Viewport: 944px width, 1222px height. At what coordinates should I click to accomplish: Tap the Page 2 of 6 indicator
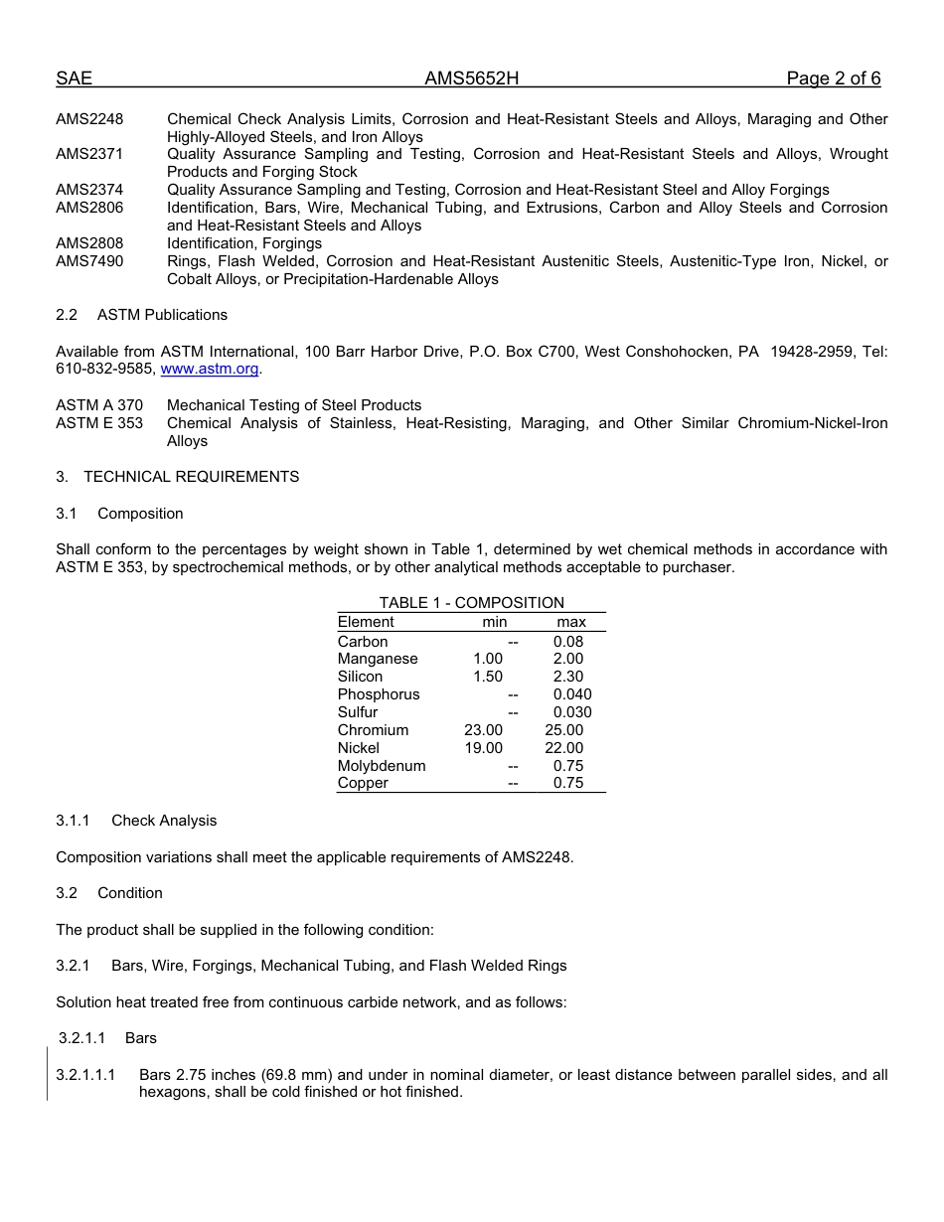click(x=833, y=78)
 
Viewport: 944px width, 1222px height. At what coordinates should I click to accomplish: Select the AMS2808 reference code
click(x=89, y=243)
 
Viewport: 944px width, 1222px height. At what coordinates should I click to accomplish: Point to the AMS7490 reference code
click(x=89, y=261)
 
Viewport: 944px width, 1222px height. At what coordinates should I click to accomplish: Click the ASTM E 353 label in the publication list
click(x=99, y=423)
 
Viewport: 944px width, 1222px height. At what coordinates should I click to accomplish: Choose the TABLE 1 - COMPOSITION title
click(x=471, y=603)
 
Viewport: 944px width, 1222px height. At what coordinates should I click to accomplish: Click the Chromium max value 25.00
click(x=564, y=730)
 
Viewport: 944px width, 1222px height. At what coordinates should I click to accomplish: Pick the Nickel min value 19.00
click(x=483, y=748)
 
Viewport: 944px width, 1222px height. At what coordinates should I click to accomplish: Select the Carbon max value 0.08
click(x=568, y=642)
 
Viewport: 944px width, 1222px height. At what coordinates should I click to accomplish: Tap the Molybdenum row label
click(x=382, y=766)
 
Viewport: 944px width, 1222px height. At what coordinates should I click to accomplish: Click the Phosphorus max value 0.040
click(x=572, y=694)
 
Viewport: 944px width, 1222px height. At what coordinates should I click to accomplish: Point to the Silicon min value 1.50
click(x=483, y=677)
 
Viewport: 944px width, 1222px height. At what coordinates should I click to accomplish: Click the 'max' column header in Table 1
click(x=571, y=622)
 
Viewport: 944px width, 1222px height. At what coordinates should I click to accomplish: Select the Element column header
click(x=366, y=622)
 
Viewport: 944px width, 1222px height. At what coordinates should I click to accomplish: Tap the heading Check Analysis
click(x=164, y=821)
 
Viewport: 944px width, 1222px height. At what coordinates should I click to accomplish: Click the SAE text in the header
click(x=74, y=78)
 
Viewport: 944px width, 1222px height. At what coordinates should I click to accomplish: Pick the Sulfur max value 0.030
click(x=572, y=712)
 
